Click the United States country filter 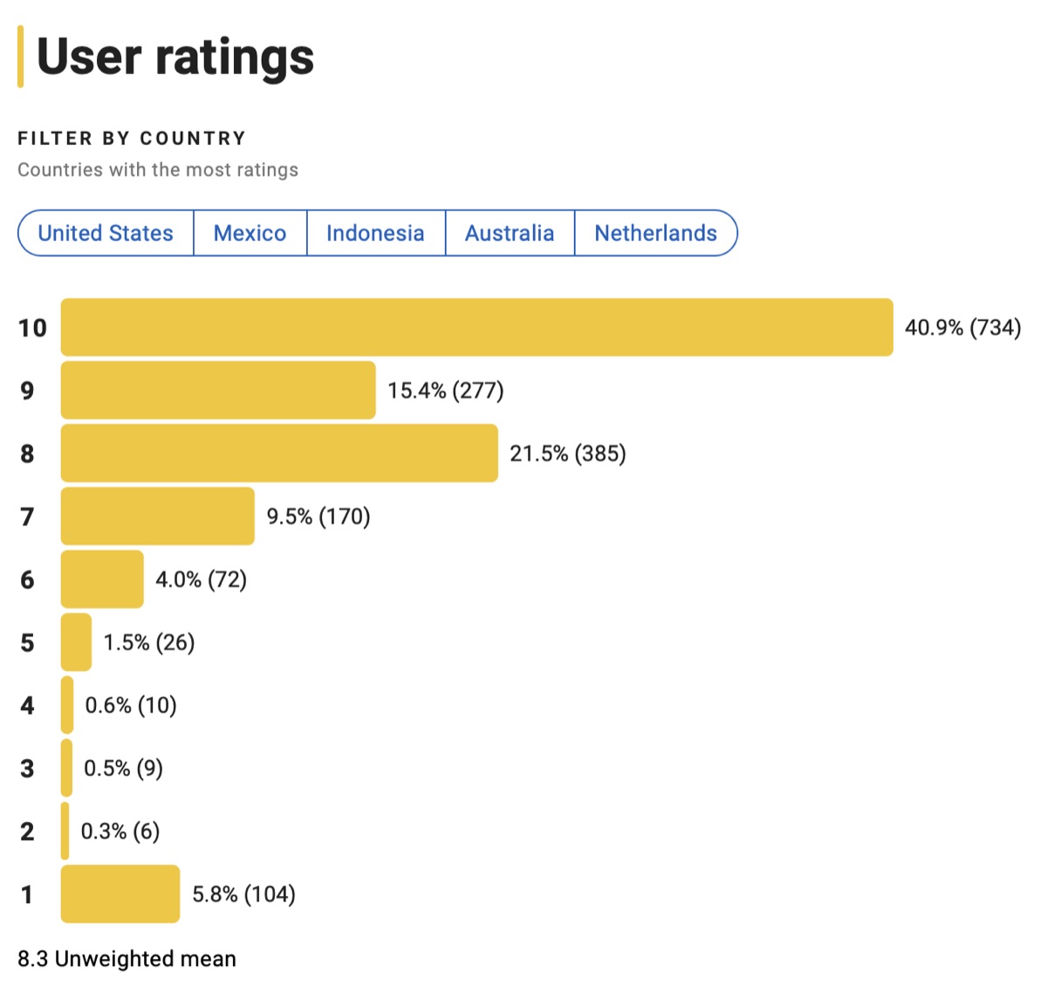click(106, 233)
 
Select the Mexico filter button click(250, 233)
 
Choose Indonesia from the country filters click(375, 233)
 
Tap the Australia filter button click(510, 233)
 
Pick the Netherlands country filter click(655, 233)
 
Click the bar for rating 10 click(476, 327)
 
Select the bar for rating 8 click(279, 453)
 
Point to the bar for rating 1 click(120, 894)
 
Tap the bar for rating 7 click(158, 516)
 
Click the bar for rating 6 click(102, 579)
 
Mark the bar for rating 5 click(76, 642)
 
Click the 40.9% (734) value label click(962, 327)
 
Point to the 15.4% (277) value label click(446, 390)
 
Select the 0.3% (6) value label click(120, 831)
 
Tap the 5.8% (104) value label click(243, 894)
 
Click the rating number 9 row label click(28, 390)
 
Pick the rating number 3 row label click(28, 768)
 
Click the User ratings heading click(174, 57)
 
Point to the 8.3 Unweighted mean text click(127, 958)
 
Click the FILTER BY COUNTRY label click(132, 138)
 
